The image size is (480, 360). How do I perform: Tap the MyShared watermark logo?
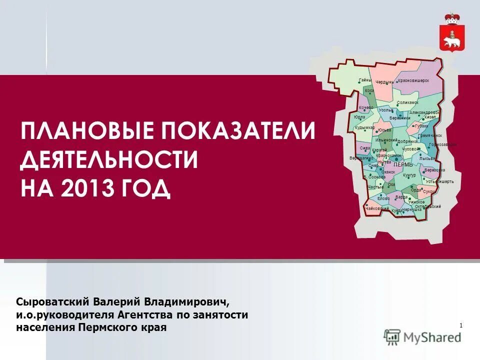click(x=423, y=337)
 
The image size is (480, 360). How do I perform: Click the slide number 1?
click(x=460, y=326)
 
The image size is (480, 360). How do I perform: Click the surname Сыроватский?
click(x=52, y=302)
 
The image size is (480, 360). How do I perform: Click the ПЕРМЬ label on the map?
click(x=403, y=164)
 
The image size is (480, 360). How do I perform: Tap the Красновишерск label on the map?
click(x=413, y=80)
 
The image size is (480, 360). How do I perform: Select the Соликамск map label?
click(x=407, y=102)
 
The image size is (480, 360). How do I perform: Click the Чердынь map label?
click(x=385, y=82)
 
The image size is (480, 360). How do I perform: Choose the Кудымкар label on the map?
click(x=364, y=127)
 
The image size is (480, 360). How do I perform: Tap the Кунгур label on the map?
click(x=409, y=175)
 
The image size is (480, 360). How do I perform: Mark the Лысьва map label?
click(x=427, y=158)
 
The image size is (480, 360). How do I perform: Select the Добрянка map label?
click(x=407, y=141)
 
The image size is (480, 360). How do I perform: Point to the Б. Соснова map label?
click(x=374, y=177)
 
